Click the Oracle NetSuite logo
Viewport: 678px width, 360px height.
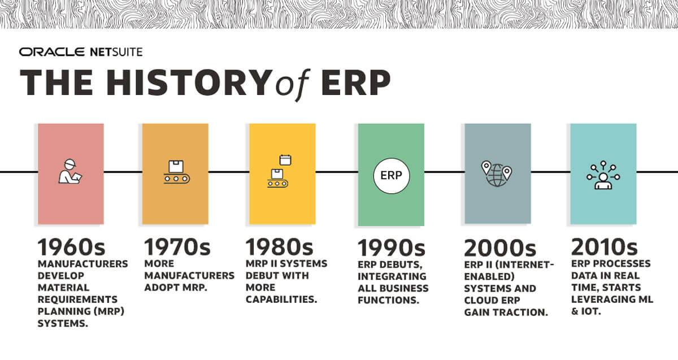tap(81, 53)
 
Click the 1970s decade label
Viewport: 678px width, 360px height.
tap(177, 248)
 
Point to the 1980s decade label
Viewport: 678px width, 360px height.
tap(279, 248)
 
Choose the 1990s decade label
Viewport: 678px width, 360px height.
tap(392, 248)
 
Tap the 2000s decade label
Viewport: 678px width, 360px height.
tap(499, 248)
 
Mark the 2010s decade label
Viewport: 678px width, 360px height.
tap(605, 248)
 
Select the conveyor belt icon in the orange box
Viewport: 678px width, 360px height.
tap(176, 172)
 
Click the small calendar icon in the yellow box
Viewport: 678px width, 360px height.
tap(285, 160)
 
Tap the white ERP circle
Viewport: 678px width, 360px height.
tap(391, 175)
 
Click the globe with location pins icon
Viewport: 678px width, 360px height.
tap(496, 174)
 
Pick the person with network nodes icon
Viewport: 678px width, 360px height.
tap(602, 175)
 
